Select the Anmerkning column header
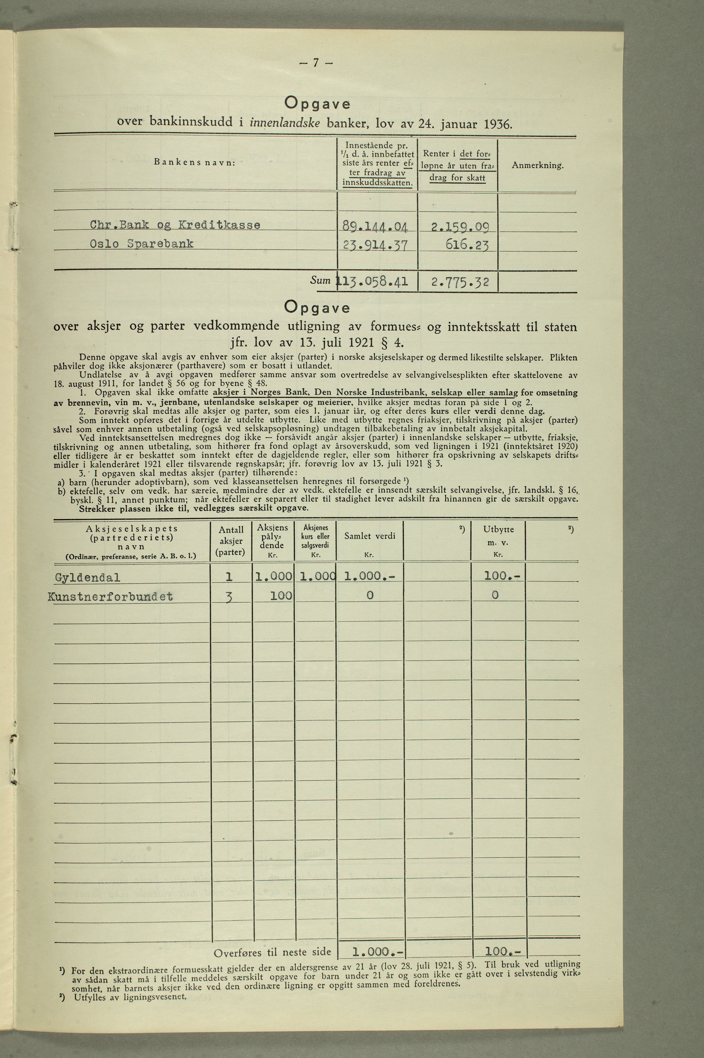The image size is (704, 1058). pyautogui.click(x=537, y=166)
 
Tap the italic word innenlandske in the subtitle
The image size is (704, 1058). pyautogui.click(x=284, y=123)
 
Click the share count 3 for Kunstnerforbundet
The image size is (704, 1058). pyautogui.click(x=229, y=597)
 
